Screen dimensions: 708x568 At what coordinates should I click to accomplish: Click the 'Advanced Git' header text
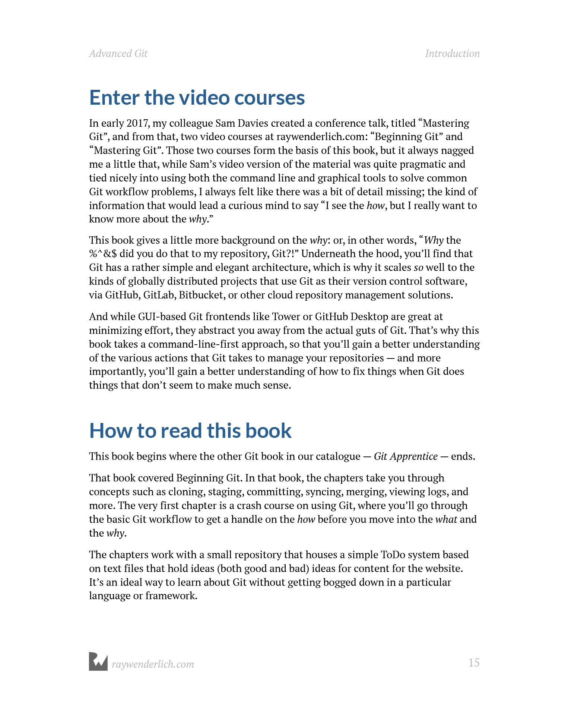click(x=118, y=54)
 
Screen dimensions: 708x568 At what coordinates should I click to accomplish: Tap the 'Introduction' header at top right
click(x=452, y=54)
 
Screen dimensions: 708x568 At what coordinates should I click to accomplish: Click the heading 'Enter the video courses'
click(x=197, y=98)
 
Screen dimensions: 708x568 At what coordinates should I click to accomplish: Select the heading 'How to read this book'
click(x=190, y=430)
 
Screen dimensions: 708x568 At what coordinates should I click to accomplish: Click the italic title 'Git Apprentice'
click(x=406, y=456)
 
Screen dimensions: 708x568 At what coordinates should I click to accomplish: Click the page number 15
click(x=474, y=663)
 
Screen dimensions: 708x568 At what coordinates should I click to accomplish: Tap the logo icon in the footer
click(x=98, y=661)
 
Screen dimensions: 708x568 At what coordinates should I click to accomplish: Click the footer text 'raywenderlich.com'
click(x=153, y=664)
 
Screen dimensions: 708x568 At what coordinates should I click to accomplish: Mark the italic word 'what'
click(x=446, y=519)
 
